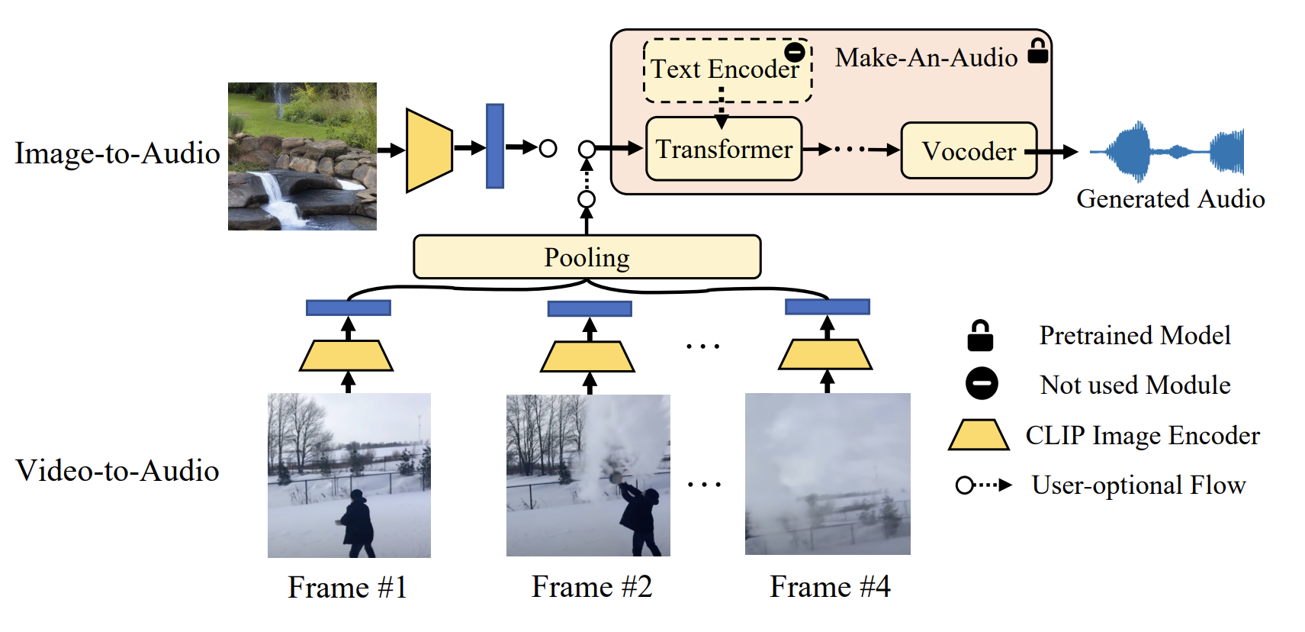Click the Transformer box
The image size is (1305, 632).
[x=723, y=149]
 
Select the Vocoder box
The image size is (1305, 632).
[x=968, y=151]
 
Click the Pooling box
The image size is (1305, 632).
[x=587, y=257]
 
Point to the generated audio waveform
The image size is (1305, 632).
[x=1167, y=151]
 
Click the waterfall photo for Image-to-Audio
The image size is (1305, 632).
[x=302, y=156]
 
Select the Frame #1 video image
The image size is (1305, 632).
[x=349, y=475]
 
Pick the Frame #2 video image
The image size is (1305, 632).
[x=588, y=475]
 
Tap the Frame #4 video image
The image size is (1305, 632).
[x=828, y=474]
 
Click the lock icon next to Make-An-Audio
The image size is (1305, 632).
[x=1037, y=51]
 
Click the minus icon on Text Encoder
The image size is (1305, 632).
[x=795, y=52]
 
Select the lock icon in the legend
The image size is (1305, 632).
[x=980, y=336]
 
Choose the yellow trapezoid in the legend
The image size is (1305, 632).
[x=979, y=434]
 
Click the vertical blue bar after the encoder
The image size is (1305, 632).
[x=495, y=146]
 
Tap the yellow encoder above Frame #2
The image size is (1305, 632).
[x=587, y=356]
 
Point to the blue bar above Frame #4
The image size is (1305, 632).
[x=827, y=307]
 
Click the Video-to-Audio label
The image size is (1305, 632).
[x=117, y=470]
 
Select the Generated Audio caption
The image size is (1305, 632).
[x=1170, y=198]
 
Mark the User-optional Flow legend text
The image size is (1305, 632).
[x=1138, y=485]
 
